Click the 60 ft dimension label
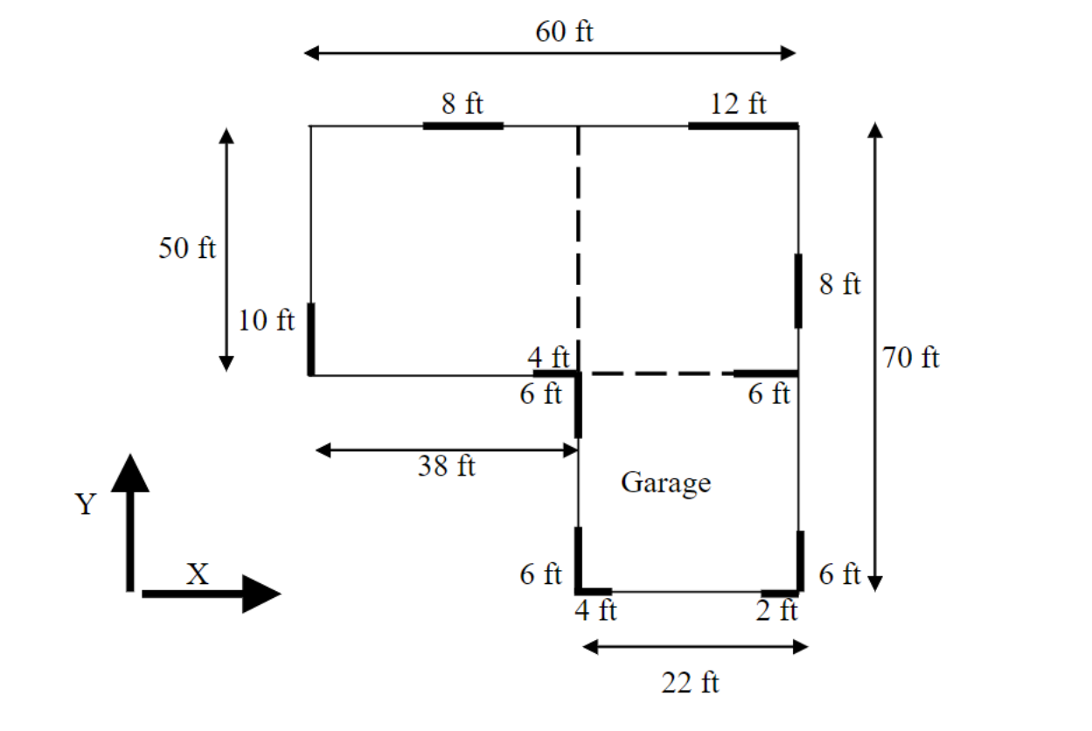tap(564, 32)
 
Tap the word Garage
tap(665, 483)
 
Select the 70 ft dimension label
tap(911, 358)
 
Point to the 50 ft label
tap(186, 248)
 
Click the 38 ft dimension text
tap(446, 466)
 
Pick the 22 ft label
tap(690, 682)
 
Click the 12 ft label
tap(738, 104)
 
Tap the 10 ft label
tap(267, 321)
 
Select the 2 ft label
tap(776, 610)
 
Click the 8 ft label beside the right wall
tap(839, 284)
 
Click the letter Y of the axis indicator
tap(85, 505)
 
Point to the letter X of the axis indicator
tap(198, 574)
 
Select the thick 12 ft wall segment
tap(743, 126)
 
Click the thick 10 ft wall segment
tap(311, 339)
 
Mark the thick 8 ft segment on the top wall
tap(463, 126)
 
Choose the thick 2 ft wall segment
tap(780, 593)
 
